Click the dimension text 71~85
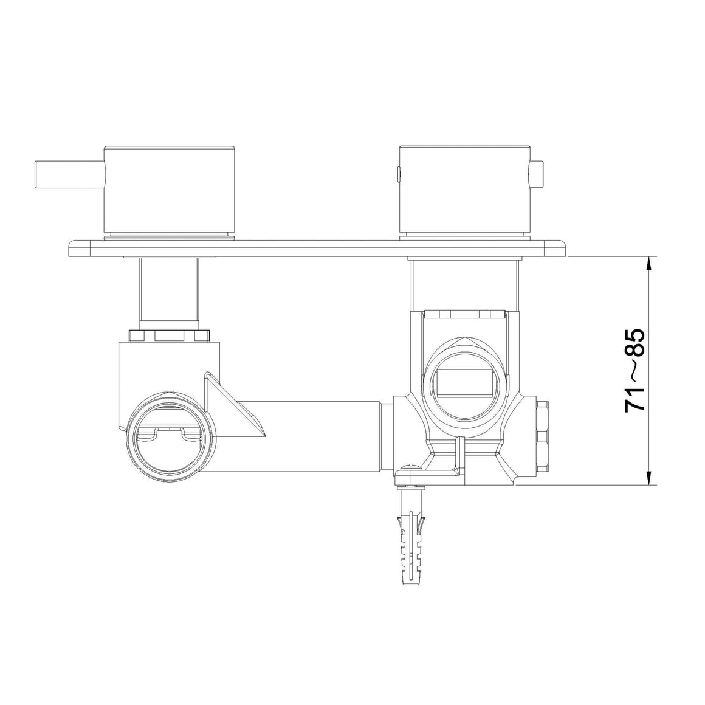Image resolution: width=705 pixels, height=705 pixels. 635,370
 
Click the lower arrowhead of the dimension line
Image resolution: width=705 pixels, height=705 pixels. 648,478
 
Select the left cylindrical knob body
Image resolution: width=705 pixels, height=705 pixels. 170,191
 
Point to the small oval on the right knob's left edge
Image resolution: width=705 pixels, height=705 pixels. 397,174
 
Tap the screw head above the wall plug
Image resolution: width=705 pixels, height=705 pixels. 410,469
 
